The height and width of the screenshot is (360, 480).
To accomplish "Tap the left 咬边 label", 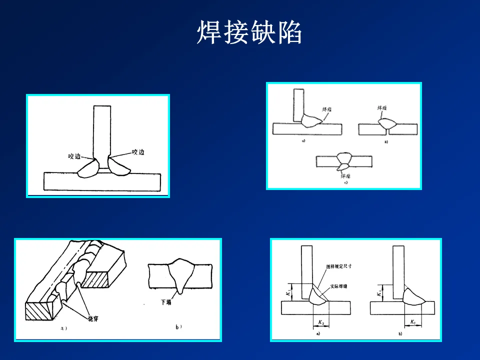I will pos(74,156).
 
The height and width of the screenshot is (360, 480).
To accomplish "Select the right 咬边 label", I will pos(138,151).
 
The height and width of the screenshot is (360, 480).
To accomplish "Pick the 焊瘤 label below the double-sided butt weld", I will pos(345,176).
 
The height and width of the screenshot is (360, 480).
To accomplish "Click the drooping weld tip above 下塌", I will pos(179,290).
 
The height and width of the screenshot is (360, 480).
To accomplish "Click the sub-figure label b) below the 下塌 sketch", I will pos(178,327).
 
